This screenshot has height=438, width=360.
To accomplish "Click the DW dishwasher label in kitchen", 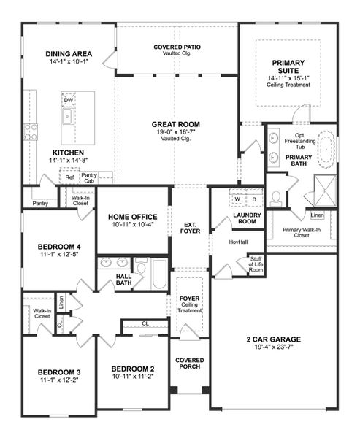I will click(x=68, y=101).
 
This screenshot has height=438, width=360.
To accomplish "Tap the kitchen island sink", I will click(x=66, y=116).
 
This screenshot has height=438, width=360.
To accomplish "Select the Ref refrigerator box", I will click(x=69, y=177).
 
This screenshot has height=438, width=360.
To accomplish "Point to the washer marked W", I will click(x=237, y=199).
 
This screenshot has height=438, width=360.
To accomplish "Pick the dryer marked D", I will click(x=253, y=199).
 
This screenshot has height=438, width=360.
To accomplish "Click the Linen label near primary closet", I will click(x=316, y=216).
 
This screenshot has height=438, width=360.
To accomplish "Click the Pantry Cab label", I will click(x=90, y=177).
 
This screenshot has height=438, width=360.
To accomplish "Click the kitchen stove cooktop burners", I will click(x=31, y=131).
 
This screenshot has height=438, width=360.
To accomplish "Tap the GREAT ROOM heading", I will click(x=175, y=125).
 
